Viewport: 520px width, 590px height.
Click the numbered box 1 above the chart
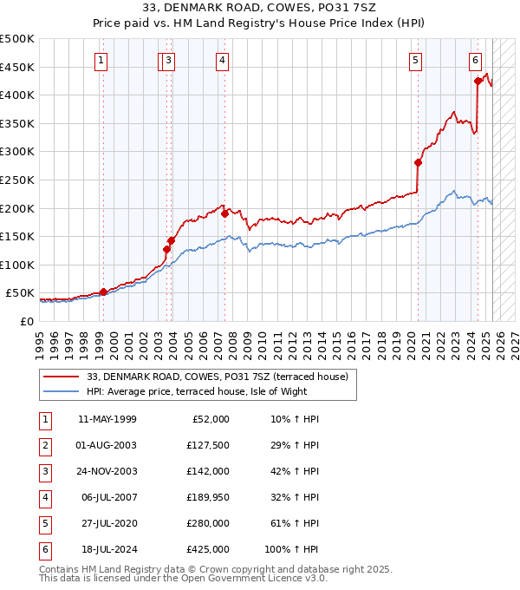[102, 60]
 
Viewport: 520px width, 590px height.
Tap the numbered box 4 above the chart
[223, 60]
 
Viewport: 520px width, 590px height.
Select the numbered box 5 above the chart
[416, 60]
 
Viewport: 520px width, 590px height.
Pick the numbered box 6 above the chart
[476, 60]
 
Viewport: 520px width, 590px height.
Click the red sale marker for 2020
[418, 162]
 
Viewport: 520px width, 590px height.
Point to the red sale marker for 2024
[478, 81]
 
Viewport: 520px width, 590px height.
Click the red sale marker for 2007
[224, 213]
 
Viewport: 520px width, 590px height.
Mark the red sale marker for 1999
[103, 292]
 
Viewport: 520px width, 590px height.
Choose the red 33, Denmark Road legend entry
[217, 377]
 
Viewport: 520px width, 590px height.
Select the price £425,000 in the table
[208, 549]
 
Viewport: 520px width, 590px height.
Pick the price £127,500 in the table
[208, 445]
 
